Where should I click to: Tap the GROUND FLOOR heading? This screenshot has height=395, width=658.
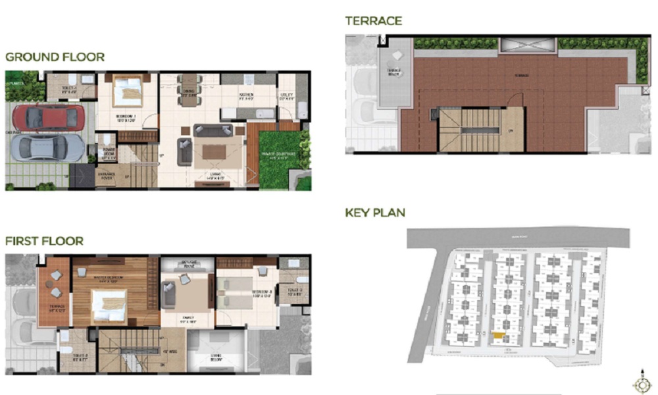click(x=55, y=57)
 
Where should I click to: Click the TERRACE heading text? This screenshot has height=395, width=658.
click(x=373, y=21)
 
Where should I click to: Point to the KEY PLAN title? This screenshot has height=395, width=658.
click(x=375, y=213)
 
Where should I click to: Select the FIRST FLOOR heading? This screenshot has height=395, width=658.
click(x=44, y=241)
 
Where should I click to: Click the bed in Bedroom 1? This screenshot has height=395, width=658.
click(x=128, y=92)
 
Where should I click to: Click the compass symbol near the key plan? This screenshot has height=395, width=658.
click(x=640, y=384)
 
